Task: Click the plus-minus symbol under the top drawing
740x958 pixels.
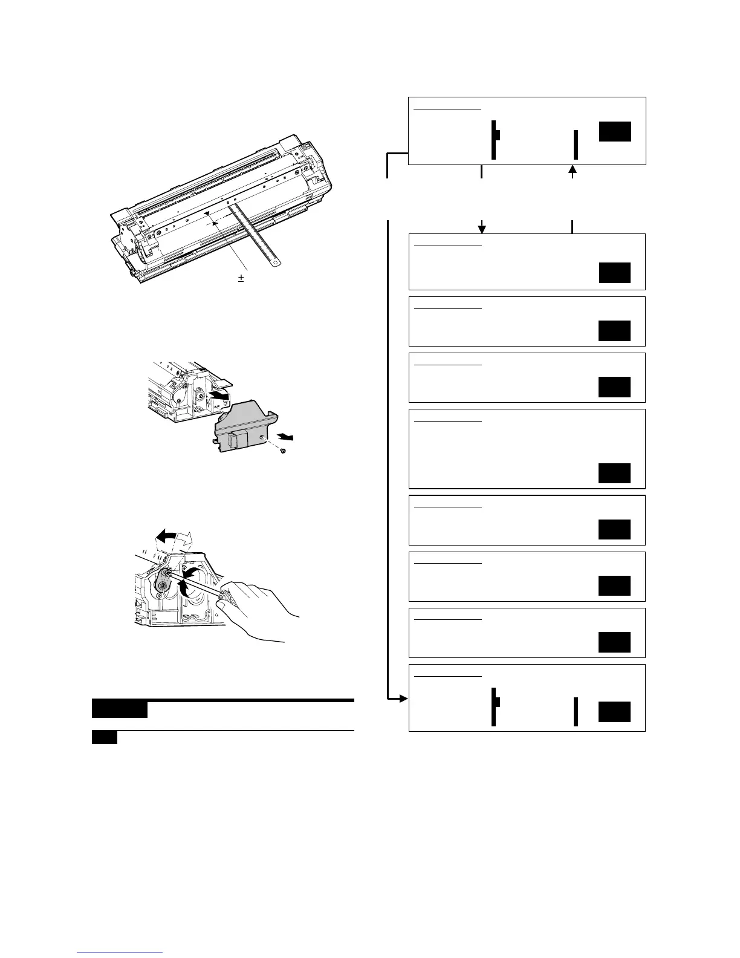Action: click(241, 279)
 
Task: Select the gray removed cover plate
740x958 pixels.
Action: click(242, 426)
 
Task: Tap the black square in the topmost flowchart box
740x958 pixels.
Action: click(615, 131)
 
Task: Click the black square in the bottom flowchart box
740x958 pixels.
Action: click(614, 712)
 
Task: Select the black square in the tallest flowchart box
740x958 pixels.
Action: click(614, 473)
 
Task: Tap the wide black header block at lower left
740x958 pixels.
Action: click(120, 708)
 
